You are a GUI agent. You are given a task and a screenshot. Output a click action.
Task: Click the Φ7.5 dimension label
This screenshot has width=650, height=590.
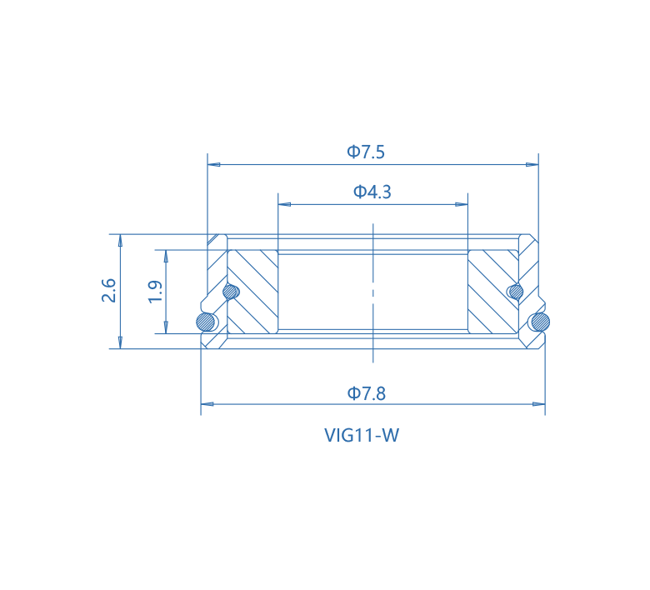(x=366, y=152)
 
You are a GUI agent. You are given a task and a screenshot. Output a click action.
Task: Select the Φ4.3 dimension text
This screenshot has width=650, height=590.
(x=372, y=192)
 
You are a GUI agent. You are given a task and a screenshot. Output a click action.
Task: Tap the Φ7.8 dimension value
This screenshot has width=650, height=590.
(x=367, y=393)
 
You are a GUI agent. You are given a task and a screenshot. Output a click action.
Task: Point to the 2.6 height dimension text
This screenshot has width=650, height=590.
(x=109, y=291)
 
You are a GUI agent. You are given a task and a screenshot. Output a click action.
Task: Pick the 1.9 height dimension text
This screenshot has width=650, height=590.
(x=155, y=292)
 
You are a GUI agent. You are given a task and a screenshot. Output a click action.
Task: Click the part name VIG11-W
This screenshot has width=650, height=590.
(x=362, y=434)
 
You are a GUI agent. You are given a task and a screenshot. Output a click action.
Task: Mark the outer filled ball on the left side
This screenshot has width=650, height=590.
(x=205, y=321)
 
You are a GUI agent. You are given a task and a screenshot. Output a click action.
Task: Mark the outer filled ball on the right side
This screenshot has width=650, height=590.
(x=541, y=321)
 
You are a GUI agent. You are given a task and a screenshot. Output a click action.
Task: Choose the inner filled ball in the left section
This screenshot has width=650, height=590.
(x=231, y=292)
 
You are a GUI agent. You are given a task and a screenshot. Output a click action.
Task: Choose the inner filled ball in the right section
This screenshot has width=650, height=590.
(x=515, y=292)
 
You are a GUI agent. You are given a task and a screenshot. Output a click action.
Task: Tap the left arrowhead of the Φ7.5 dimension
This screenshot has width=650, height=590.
(x=212, y=165)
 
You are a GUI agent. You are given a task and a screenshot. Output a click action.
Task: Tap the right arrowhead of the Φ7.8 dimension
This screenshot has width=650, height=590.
(x=540, y=403)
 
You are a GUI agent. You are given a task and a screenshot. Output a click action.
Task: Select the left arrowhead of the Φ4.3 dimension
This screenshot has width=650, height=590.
(x=283, y=203)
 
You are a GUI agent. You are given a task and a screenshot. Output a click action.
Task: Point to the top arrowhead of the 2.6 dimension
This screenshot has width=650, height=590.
(x=121, y=240)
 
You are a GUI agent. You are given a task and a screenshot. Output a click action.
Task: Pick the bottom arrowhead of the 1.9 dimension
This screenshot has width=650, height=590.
(x=167, y=327)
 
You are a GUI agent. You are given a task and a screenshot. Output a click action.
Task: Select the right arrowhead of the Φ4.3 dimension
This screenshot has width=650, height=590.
(x=462, y=203)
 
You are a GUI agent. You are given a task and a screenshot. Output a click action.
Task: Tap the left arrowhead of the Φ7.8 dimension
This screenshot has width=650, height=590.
(x=207, y=403)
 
